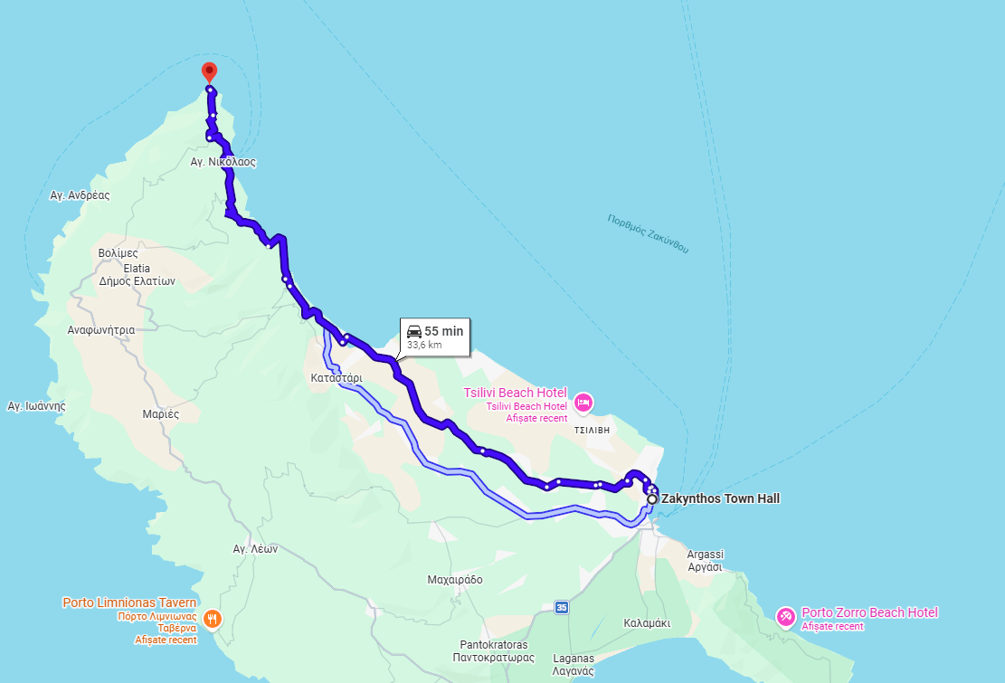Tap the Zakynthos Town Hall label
point(720,498)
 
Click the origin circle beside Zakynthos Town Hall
point(652,499)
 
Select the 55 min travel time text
point(443,331)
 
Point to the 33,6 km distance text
point(424,345)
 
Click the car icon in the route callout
point(414,331)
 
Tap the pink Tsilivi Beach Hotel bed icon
point(583,401)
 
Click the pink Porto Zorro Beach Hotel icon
point(786,617)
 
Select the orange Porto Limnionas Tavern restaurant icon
point(211,619)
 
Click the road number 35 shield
point(562,607)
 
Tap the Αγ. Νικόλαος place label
point(223,163)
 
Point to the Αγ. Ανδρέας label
point(80,194)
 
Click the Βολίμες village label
point(118,253)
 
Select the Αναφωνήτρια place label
point(101,330)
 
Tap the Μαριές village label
point(161,413)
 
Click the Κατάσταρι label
point(336,377)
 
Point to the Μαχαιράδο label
point(455,579)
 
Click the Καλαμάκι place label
point(647,623)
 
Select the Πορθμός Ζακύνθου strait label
point(648,233)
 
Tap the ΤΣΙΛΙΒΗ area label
point(593,432)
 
